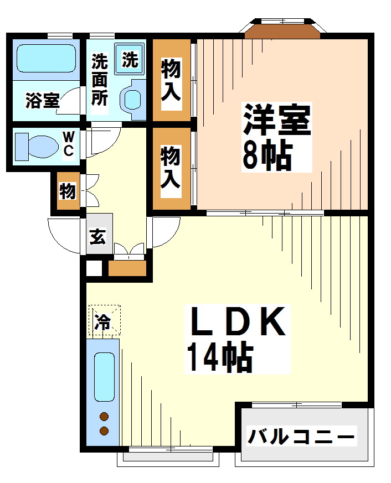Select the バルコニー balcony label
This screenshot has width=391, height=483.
(301, 437)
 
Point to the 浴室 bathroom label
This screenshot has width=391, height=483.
(42, 101)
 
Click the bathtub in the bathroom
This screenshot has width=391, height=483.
(46, 56)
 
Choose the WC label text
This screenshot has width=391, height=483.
(68, 144)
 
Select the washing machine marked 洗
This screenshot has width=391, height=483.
(130, 59)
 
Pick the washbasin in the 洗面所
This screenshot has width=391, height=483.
(133, 99)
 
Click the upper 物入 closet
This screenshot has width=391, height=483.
(171, 81)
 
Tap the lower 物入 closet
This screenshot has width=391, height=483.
(171, 168)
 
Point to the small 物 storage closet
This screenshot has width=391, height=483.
(68, 191)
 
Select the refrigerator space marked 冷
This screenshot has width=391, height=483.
(104, 320)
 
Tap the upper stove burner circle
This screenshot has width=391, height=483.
(104, 417)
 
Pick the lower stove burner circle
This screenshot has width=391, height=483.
(104, 430)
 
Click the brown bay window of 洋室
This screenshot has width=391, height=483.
(282, 31)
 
